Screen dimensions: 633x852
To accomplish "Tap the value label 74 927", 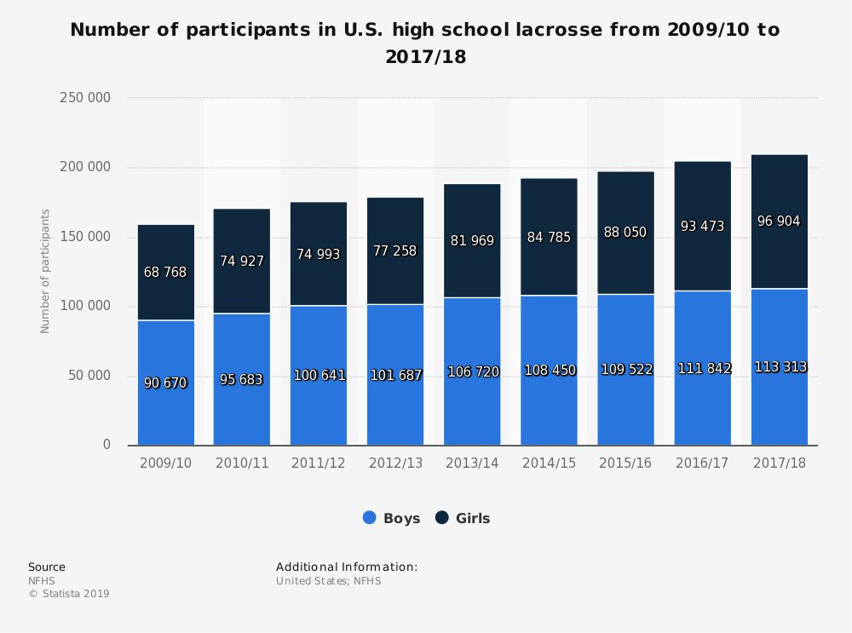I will coord(242,262).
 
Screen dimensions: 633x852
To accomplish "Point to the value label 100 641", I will coord(319,375).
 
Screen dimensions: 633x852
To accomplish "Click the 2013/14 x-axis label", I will coord(472,463).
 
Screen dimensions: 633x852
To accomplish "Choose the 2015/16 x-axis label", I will coord(625,463).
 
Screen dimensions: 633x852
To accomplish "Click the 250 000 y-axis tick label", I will coord(84,98).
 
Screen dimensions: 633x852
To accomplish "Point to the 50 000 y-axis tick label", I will coord(88,376).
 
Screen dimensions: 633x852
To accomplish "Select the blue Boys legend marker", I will coord(370,518).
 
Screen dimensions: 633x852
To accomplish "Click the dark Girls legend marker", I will coord(442,518).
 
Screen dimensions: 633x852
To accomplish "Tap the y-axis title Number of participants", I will coord(46,271).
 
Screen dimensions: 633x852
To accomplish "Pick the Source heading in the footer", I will coord(47,567).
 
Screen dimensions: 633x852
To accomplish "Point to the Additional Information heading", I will coord(347,567).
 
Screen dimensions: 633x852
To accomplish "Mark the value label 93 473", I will coord(702,227).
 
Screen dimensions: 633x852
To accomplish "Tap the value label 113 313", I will coord(780,367).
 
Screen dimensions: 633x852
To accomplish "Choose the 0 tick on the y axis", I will coord(106,445).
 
